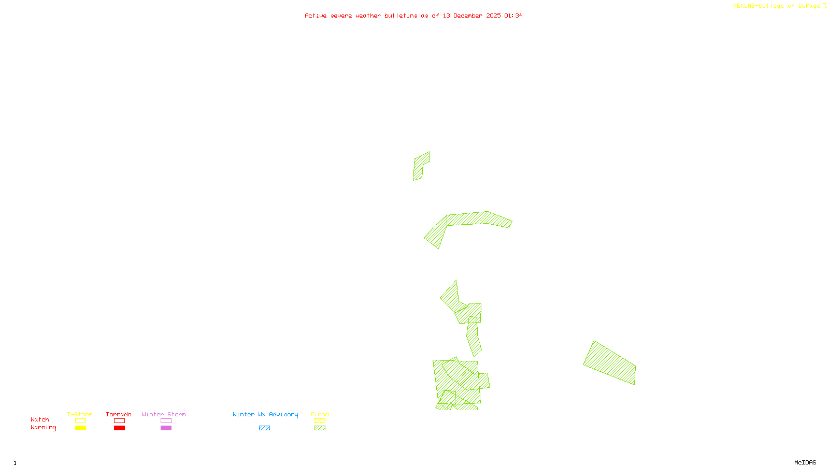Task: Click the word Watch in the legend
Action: pos(40,420)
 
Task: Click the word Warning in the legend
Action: pos(43,428)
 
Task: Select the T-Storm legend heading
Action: pos(80,414)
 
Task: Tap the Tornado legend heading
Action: pos(119,414)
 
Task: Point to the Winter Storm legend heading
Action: pos(164,414)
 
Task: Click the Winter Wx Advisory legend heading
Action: pos(265,414)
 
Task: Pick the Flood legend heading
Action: pos(320,414)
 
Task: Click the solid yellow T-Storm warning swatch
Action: pos(80,428)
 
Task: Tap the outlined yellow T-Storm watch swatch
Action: pos(80,421)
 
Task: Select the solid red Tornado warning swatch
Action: pos(120,428)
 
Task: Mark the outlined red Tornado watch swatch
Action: pos(120,421)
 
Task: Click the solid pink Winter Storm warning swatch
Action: pos(166,428)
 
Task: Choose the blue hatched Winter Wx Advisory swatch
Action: pos(264,428)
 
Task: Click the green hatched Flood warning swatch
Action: pos(320,428)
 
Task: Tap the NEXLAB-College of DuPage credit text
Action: pos(777,6)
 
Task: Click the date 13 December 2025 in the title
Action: pos(471,16)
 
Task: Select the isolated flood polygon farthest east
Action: pos(610,363)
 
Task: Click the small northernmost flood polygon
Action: pos(421,166)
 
